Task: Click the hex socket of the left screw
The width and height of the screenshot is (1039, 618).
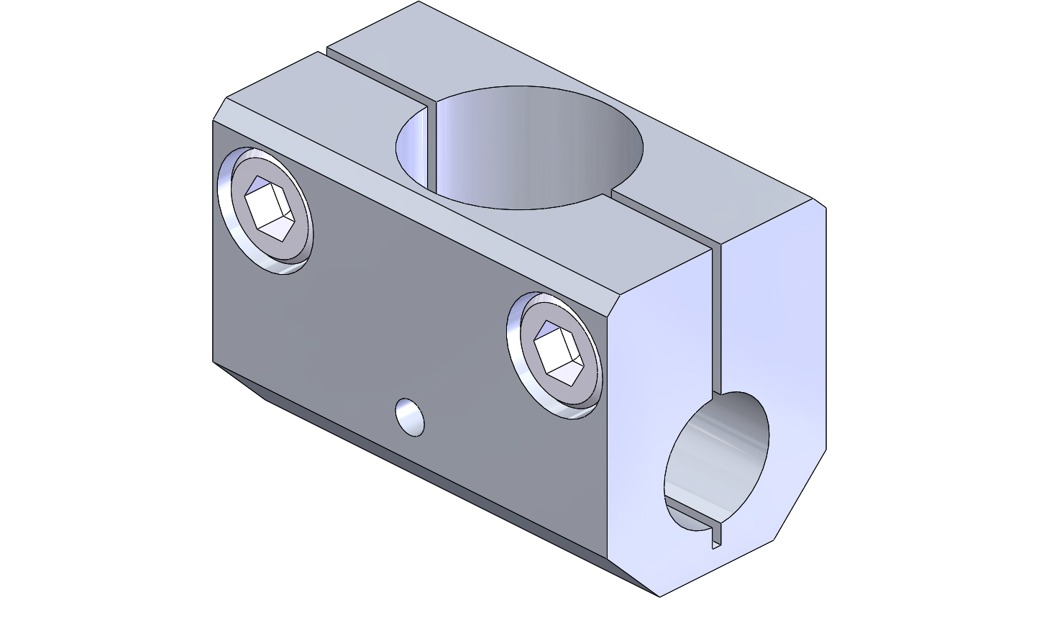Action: pyautogui.click(x=270, y=209)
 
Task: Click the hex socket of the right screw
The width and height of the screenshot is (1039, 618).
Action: pyautogui.click(x=559, y=352)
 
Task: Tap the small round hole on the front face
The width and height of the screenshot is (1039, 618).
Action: pyautogui.click(x=410, y=417)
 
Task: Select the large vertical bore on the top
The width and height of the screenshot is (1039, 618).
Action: pyautogui.click(x=519, y=147)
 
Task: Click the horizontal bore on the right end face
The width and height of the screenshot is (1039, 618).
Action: pyautogui.click(x=715, y=460)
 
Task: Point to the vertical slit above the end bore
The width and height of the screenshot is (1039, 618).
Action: pyautogui.click(x=715, y=317)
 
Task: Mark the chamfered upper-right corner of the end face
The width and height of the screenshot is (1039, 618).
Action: pyautogui.click(x=820, y=204)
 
